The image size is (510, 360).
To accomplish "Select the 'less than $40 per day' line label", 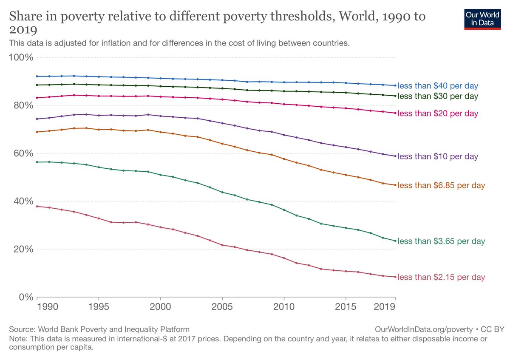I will pyautogui.click(x=438, y=85).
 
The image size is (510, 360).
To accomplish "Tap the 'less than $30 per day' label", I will pyautogui.click(x=438, y=96).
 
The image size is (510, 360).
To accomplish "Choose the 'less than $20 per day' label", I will pyautogui.click(x=438, y=113).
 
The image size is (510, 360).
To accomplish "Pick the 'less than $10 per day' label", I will pyautogui.click(x=438, y=156).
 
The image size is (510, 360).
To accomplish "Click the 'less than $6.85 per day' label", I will pyautogui.click(x=441, y=185).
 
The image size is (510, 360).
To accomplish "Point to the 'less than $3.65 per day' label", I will pyautogui.click(x=441, y=241).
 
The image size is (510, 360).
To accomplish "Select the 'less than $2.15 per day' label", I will pyautogui.click(x=441, y=277).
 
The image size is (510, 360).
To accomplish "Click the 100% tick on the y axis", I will pyautogui.click(x=21, y=57).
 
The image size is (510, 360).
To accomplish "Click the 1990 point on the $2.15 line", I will pyautogui.click(x=38, y=206).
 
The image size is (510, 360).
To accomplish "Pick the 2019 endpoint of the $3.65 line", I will pyautogui.click(x=395, y=241).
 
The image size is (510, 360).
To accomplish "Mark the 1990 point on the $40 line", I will pyautogui.click(x=38, y=76).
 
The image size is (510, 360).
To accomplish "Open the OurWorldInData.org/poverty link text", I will pyautogui.click(x=424, y=329).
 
